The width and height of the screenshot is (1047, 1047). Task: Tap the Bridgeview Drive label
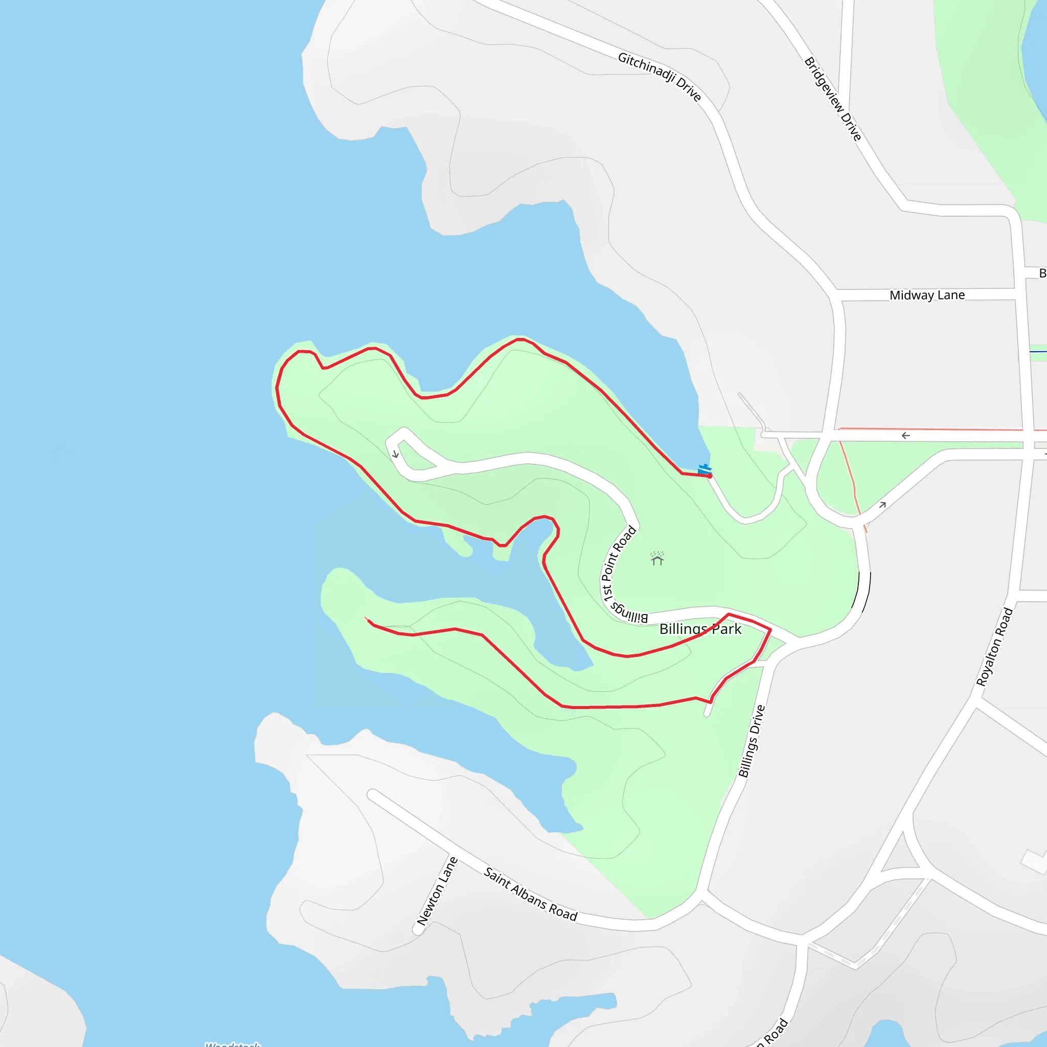pos(832,99)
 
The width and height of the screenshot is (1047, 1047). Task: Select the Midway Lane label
pos(927,295)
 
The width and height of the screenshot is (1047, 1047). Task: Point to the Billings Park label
pos(700,629)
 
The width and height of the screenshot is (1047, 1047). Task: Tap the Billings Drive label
pos(752,741)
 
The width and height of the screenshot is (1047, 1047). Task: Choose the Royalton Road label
pos(994,647)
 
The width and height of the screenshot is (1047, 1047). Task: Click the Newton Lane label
pos(437,892)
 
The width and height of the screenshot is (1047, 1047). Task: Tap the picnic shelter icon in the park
pos(657,559)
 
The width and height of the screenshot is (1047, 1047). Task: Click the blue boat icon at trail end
pos(704,469)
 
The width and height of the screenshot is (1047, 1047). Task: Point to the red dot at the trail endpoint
pos(710,476)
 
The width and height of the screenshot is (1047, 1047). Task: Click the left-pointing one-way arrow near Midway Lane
pos(905,436)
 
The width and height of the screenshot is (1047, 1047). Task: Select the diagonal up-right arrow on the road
pos(882,505)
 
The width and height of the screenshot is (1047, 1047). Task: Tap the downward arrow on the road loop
pos(396,454)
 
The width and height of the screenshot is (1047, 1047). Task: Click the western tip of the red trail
pos(367,619)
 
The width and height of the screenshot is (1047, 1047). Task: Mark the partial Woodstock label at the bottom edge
pos(233,1044)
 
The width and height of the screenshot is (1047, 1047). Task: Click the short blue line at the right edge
pos(1038,352)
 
